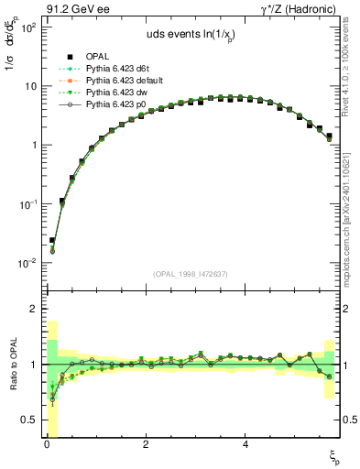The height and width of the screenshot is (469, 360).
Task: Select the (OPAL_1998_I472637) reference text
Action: [190, 274]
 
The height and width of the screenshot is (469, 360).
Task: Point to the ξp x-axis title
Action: [334, 456]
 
